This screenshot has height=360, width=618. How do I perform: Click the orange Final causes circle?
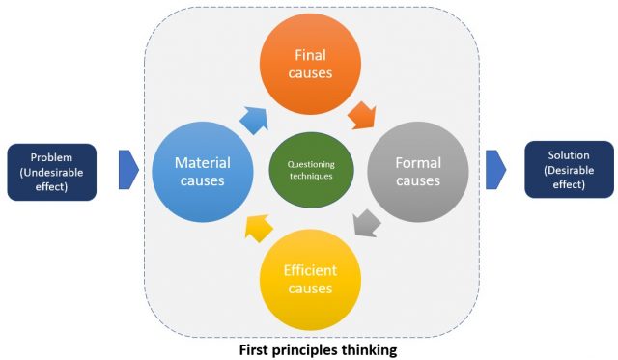311,64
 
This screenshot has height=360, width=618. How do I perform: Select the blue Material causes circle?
202,171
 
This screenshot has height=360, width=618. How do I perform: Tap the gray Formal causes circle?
418,171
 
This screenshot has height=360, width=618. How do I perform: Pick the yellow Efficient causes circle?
310,279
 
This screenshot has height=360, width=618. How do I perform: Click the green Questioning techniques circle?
311,172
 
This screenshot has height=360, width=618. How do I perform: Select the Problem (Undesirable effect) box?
51,171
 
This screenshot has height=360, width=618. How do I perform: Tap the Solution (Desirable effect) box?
569,169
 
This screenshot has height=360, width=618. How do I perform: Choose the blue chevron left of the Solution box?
495,170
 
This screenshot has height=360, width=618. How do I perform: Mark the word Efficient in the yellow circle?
310,270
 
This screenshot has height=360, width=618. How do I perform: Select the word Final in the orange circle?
311,54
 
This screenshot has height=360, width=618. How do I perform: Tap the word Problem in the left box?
51,157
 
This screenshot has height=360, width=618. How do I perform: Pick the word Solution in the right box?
569,155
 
